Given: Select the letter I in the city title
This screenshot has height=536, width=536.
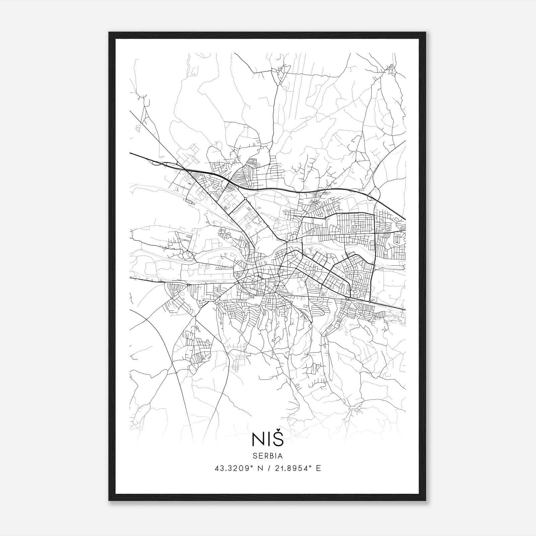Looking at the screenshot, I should (x=268, y=440).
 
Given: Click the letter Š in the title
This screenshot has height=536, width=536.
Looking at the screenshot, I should (x=278, y=440).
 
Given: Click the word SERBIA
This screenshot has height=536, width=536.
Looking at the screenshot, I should (x=268, y=456).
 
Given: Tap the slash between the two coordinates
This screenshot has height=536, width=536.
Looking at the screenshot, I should (x=268, y=468).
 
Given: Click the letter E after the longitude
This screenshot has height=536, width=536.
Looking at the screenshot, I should (x=318, y=468).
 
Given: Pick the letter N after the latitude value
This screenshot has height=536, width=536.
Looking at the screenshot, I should (x=260, y=468).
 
